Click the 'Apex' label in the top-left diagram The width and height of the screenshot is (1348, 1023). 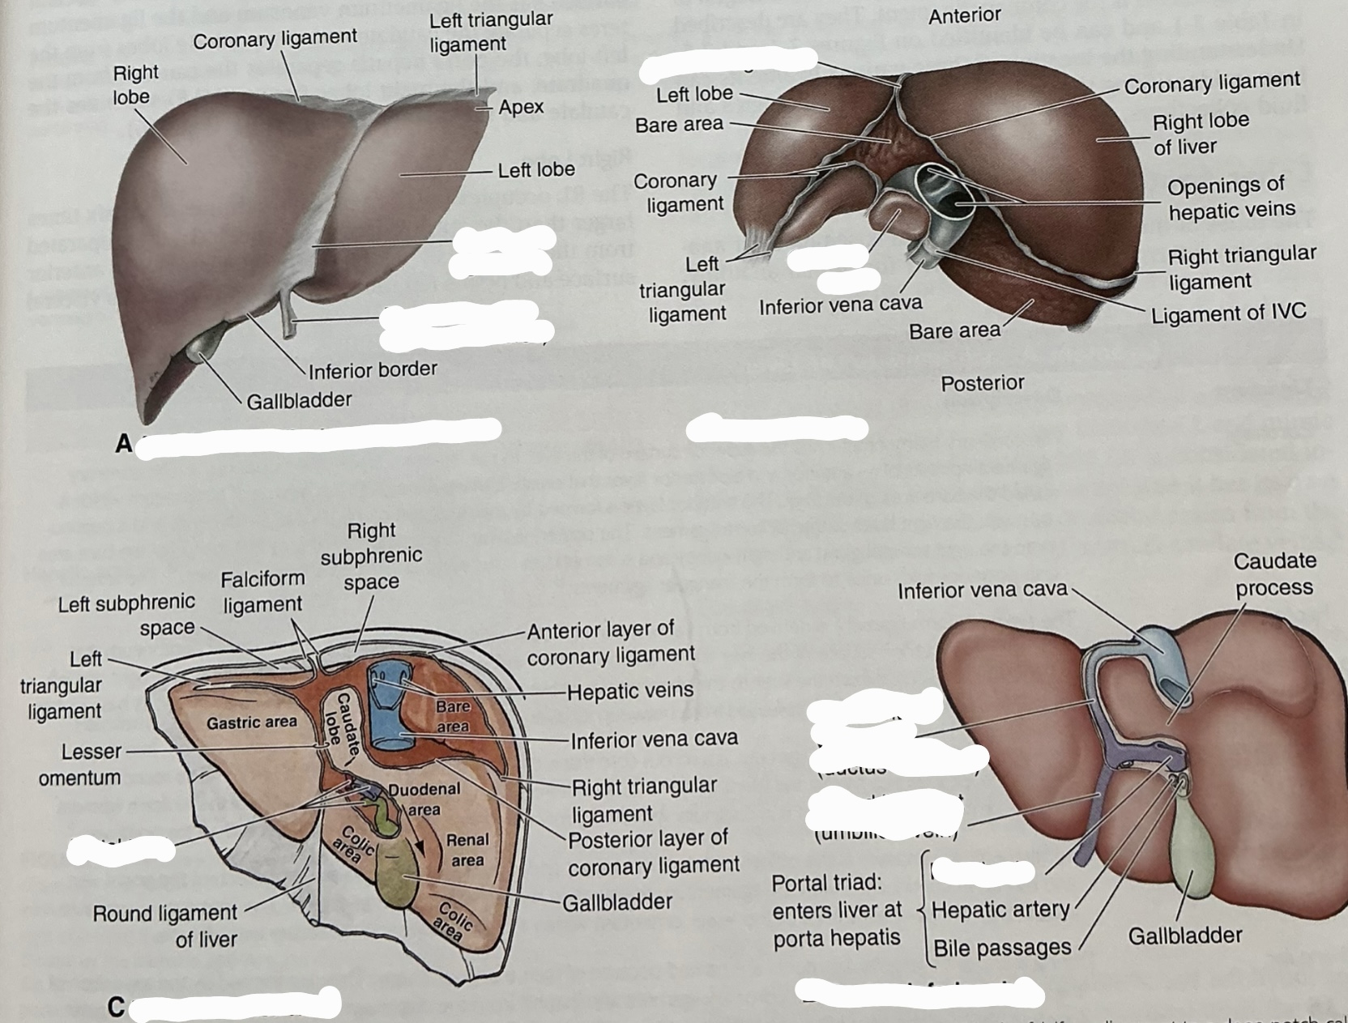521,108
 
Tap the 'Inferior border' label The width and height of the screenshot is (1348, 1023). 373,370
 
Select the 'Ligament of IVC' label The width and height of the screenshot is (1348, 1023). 1228,314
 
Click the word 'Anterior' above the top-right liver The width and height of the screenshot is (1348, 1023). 964,15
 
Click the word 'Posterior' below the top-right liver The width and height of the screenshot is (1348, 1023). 982,383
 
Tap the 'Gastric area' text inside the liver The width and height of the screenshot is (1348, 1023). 251,722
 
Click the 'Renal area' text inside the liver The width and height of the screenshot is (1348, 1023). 467,850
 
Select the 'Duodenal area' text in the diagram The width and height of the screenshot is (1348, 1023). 424,799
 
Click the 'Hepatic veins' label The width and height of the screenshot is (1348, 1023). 629,691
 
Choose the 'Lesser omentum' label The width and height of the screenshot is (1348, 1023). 79,764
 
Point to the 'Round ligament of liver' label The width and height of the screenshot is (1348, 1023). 165,926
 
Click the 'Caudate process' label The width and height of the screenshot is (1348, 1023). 1274,573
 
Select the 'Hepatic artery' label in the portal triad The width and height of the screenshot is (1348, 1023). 1000,910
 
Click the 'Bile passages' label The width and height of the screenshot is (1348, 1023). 1002,948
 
